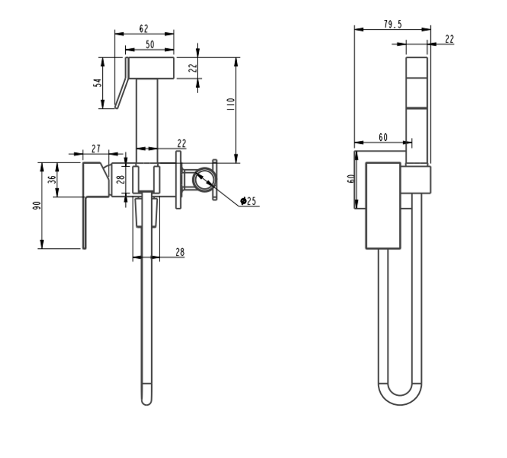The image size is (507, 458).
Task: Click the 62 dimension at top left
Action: (144, 29)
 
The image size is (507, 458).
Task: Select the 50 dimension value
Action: (150, 45)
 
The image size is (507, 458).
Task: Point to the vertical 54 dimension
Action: (98, 82)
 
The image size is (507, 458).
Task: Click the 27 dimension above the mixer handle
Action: (96, 148)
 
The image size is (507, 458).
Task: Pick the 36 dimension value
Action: (52, 179)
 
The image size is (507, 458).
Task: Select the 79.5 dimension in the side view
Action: (392, 24)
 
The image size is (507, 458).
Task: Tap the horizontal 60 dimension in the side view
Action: (383, 137)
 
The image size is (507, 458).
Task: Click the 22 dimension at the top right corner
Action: (449, 39)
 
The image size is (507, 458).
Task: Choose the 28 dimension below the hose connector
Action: (179, 252)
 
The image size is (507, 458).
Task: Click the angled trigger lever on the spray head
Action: (121, 86)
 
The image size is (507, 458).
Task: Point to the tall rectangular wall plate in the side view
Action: (383, 206)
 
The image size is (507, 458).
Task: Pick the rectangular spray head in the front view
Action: (150, 68)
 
